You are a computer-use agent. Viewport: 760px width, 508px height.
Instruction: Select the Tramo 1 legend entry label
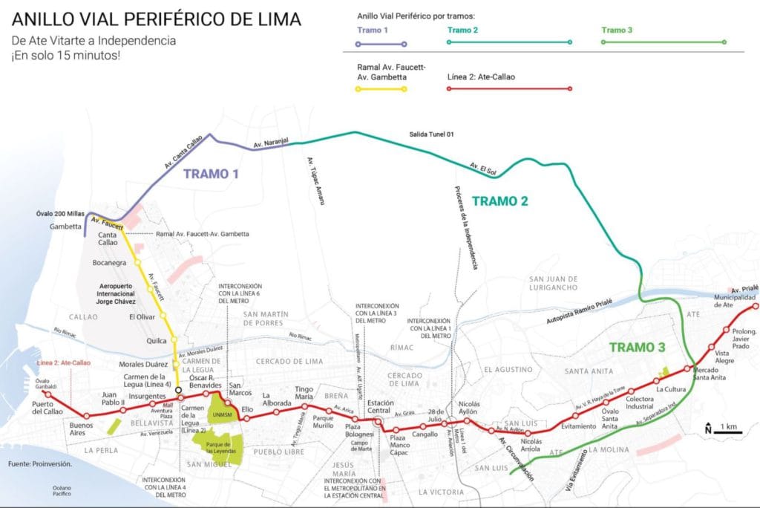click(373, 30)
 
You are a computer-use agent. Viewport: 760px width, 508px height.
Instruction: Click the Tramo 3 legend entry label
click(618, 30)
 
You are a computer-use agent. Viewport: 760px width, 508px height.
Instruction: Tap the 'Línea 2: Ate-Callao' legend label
click(481, 76)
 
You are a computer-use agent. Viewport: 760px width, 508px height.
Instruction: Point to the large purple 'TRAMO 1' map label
click(211, 175)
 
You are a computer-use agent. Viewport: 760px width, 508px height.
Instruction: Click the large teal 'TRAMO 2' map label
click(499, 201)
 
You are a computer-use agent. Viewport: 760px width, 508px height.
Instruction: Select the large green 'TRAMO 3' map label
click(637, 348)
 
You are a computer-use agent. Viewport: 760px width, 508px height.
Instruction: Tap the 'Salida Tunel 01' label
click(430, 134)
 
